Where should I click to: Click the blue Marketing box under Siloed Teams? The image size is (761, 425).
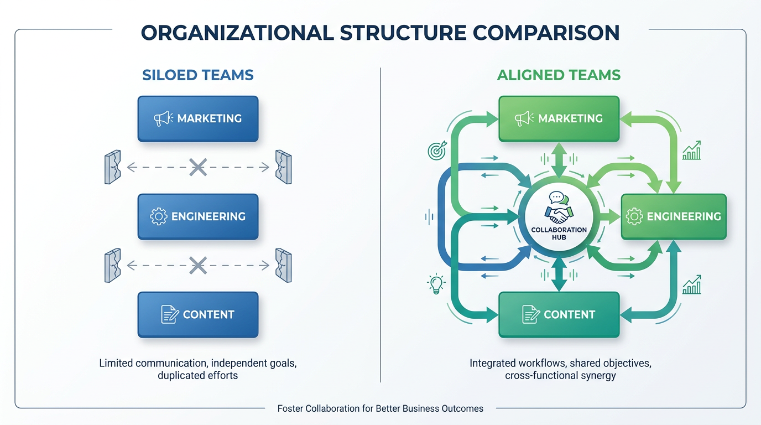[x=198, y=118]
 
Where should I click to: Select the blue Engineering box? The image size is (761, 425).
[x=198, y=216]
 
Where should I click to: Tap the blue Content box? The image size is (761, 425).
[x=198, y=314]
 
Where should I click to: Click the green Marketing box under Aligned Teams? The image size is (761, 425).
[x=559, y=118]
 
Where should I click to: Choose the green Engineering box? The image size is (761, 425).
[x=674, y=216]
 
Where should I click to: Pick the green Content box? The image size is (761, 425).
[x=559, y=314]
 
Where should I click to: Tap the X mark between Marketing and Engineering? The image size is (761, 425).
[x=198, y=167]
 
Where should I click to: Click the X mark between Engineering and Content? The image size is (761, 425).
[x=198, y=265]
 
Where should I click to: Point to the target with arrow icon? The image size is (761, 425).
[x=437, y=151]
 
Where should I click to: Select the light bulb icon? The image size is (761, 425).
[x=436, y=284]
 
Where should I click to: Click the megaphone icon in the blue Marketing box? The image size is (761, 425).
[x=163, y=118]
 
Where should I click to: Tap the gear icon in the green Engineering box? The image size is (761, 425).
[x=634, y=216]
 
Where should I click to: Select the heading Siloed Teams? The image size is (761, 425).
[x=198, y=75]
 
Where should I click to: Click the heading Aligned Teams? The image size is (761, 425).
[x=559, y=75]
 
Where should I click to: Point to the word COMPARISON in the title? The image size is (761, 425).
[x=546, y=33]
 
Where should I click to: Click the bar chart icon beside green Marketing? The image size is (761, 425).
[x=692, y=151]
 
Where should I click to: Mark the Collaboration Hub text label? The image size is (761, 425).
[x=559, y=234]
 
